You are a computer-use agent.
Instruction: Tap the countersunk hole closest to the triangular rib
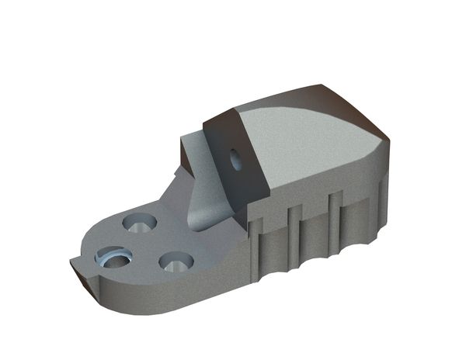pyautogui.click(x=141, y=223)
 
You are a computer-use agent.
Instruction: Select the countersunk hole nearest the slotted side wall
pyautogui.click(x=176, y=261)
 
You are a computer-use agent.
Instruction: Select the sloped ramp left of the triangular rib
pyautogui.click(x=175, y=190)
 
